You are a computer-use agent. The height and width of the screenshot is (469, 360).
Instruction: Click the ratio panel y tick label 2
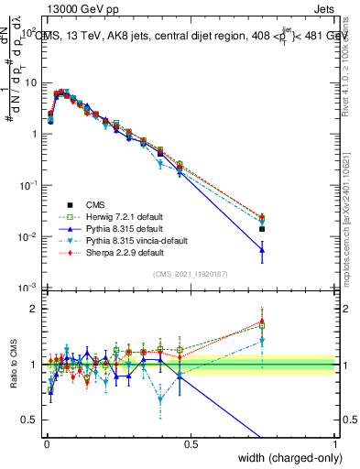30,309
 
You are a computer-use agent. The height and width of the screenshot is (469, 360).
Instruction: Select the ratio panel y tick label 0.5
26,420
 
